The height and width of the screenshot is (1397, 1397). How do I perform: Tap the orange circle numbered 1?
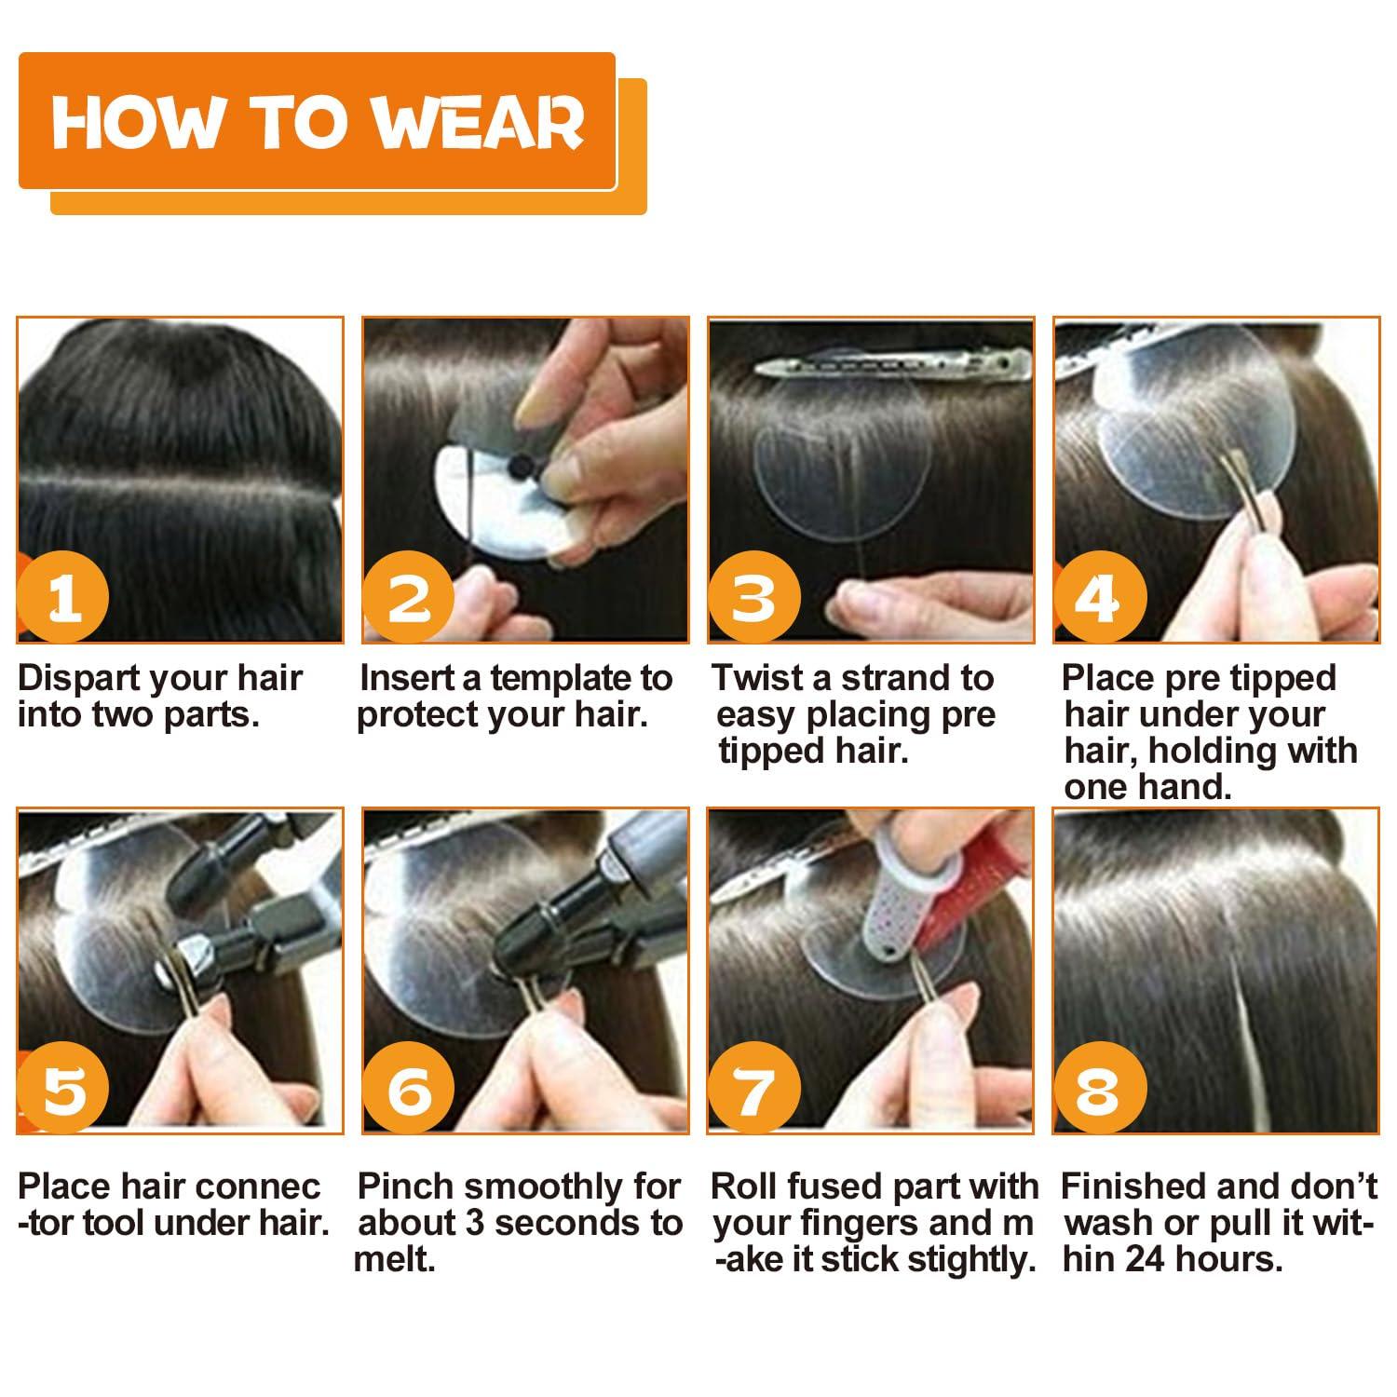(63, 597)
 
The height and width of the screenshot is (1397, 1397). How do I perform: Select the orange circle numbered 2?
(408, 597)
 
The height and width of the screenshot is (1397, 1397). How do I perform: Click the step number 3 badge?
(753, 597)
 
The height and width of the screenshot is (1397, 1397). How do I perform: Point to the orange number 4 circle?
(1098, 597)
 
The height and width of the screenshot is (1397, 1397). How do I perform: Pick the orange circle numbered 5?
(63, 1088)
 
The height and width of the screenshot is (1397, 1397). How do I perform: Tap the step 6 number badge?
(408, 1088)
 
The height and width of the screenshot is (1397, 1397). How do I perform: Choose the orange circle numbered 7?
(753, 1088)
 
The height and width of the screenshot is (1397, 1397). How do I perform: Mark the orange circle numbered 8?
(1098, 1088)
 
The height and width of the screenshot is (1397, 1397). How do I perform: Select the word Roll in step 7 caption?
(743, 1187)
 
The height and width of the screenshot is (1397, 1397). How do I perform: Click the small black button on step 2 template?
(514, 464)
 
